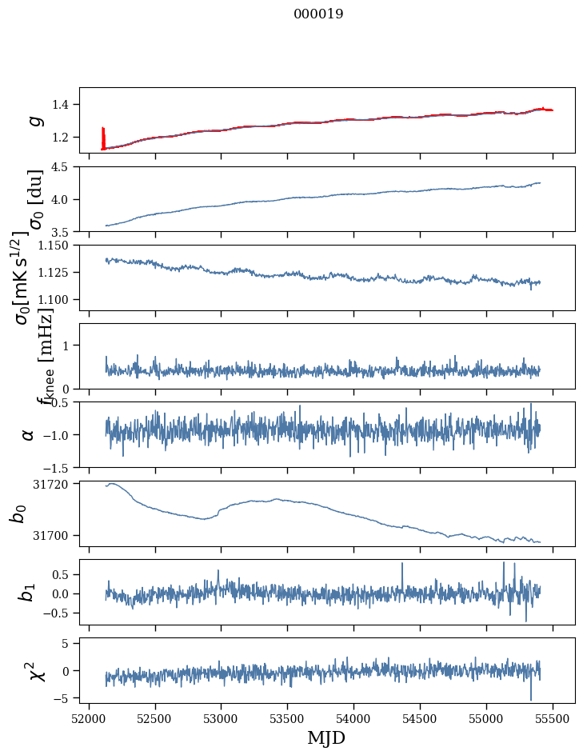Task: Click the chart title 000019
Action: pos(318,14)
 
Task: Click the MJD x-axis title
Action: pos(326,737)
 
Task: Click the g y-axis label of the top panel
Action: pos(33,120)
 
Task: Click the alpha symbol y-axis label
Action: pos(28,434)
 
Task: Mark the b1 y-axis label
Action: pos(28,592)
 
